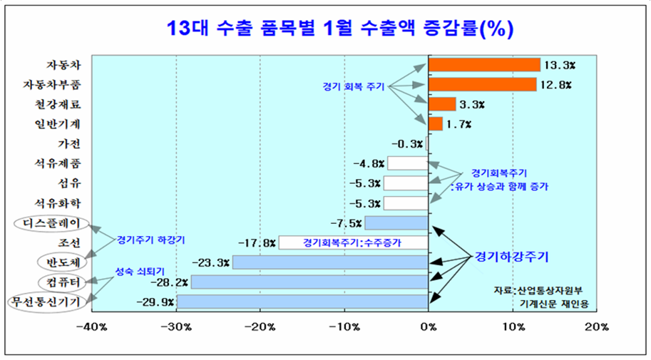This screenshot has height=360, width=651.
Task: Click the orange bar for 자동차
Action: coord(484,65)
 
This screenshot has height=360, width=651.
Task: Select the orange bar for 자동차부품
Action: coord(482,85)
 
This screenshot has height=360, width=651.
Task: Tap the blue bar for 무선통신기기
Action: coord(302,302)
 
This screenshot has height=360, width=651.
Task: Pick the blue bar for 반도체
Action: coord(329,262)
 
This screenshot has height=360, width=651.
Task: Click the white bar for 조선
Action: coord(353,242)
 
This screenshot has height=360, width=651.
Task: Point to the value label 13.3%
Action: coord(560,65)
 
